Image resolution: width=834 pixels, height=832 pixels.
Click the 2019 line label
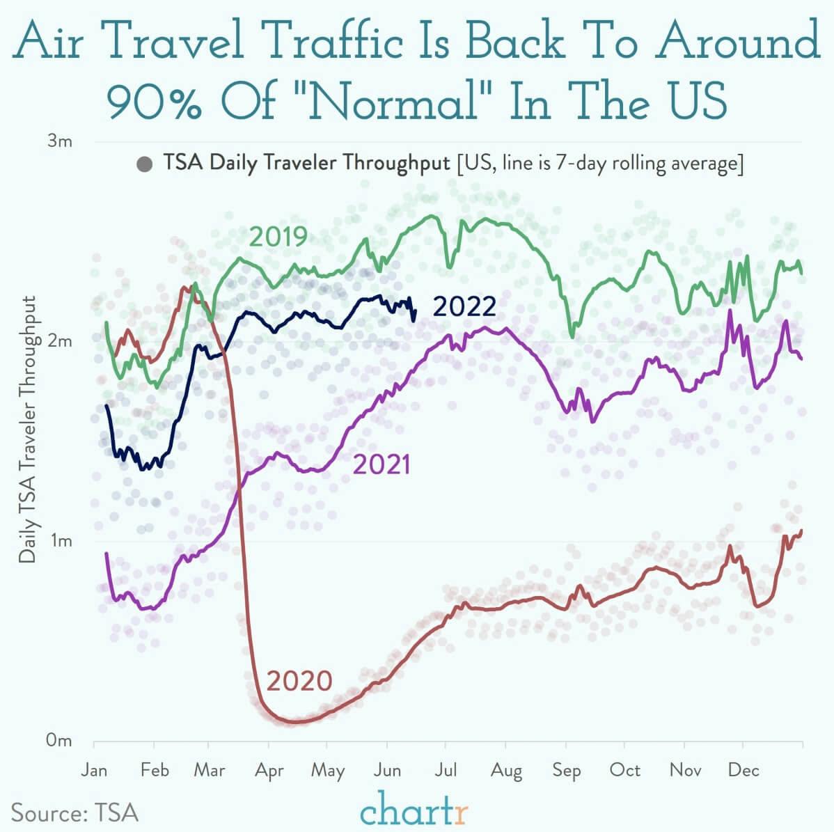coord(278,237)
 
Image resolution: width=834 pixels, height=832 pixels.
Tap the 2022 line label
coord(464,306)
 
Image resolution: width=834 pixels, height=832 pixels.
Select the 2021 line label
coord(381,464)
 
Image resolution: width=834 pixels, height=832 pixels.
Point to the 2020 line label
coord(299,680)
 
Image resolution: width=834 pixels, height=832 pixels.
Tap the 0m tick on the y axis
coord(59,741)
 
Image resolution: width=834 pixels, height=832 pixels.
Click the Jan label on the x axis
coord(94,770)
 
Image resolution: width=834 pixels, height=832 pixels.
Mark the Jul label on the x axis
coord(446,770)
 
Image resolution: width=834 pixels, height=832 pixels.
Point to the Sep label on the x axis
coord(566,770)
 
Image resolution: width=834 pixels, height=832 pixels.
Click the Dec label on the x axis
coord(743,770)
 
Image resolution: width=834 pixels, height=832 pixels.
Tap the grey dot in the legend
coord(145,165)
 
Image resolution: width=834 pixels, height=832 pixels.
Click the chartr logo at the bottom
coord(415,812)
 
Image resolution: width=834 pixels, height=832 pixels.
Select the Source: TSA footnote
coord(74,813)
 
